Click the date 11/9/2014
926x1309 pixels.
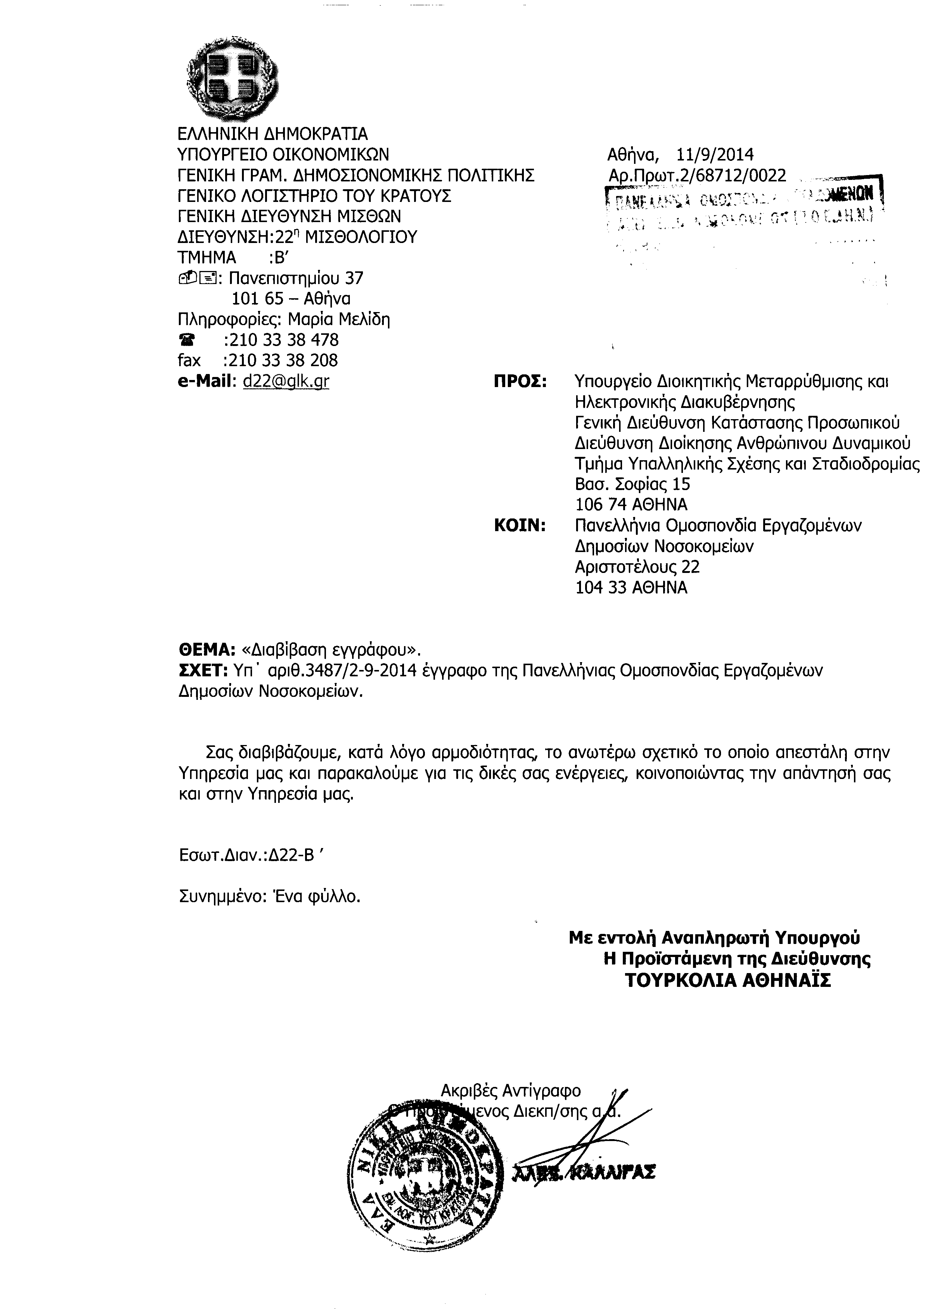click(715, 155)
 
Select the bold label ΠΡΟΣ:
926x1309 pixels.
click(519, 381)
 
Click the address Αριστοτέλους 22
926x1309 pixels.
click(637, 567)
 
